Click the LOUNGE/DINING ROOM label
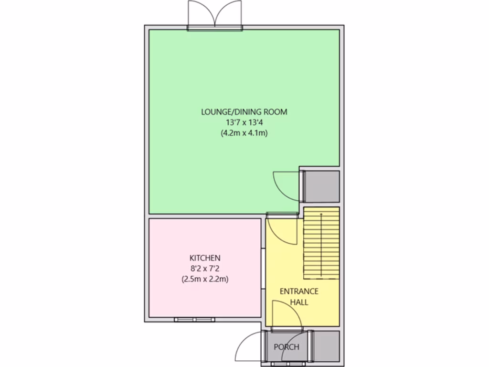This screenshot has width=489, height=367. tap(244, 112)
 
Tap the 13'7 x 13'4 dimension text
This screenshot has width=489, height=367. tap(244, 123)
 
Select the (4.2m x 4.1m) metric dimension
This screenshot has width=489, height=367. tap(244, 133)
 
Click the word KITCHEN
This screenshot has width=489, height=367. tap(205, 258)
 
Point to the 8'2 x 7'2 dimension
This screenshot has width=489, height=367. tap(205, 268)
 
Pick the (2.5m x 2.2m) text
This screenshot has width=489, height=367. tap(205, 279)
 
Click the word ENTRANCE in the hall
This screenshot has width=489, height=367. tap(299, 291)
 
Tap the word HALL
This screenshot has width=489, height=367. tap(299, 302)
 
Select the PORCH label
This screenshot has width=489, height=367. tap(287, 347)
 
